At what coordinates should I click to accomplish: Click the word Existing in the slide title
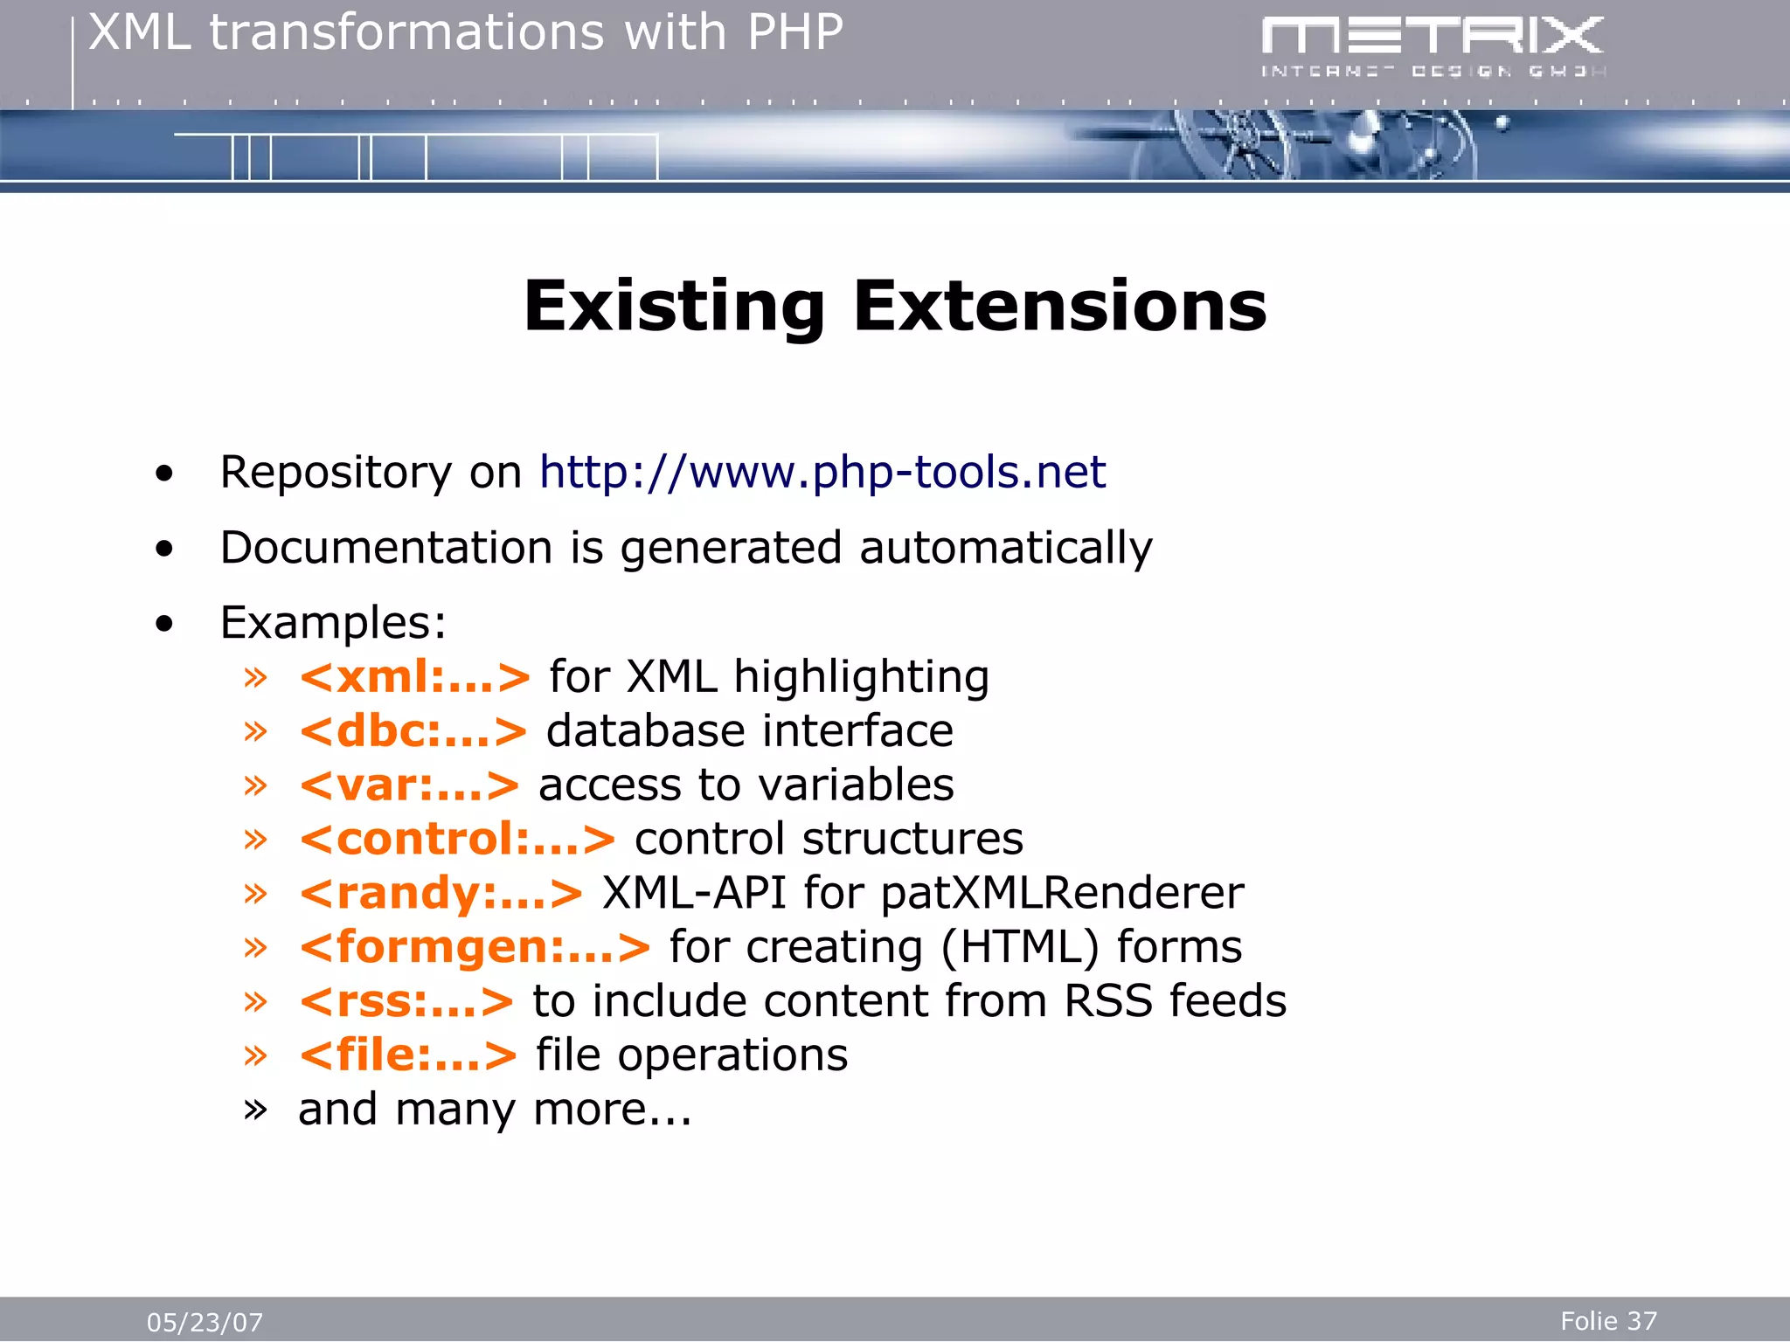click(x=674, y=308)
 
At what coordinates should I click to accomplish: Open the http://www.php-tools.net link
click(x=822, y=473)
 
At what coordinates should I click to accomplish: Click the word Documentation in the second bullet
click(x=385, y=549)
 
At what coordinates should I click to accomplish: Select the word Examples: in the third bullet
click(x=333, y=624)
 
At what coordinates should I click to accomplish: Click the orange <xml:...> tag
click(x=414, y=678)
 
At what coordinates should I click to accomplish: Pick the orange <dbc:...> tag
click(x=413, y=732)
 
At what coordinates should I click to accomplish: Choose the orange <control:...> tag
click(x=457, y=840)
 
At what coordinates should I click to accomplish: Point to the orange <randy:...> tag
click(x=441, y=894)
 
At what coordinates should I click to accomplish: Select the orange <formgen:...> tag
click(x=475, y=948)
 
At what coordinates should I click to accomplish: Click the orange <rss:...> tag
click(x=406, y=1002)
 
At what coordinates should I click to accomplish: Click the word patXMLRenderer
click(x=1061, y=894)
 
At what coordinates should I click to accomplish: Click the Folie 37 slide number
click(x=1608, y=1321)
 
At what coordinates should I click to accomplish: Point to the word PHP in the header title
click(x=794, y=33)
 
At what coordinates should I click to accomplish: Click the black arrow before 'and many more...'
click(x=255, y=1110)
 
